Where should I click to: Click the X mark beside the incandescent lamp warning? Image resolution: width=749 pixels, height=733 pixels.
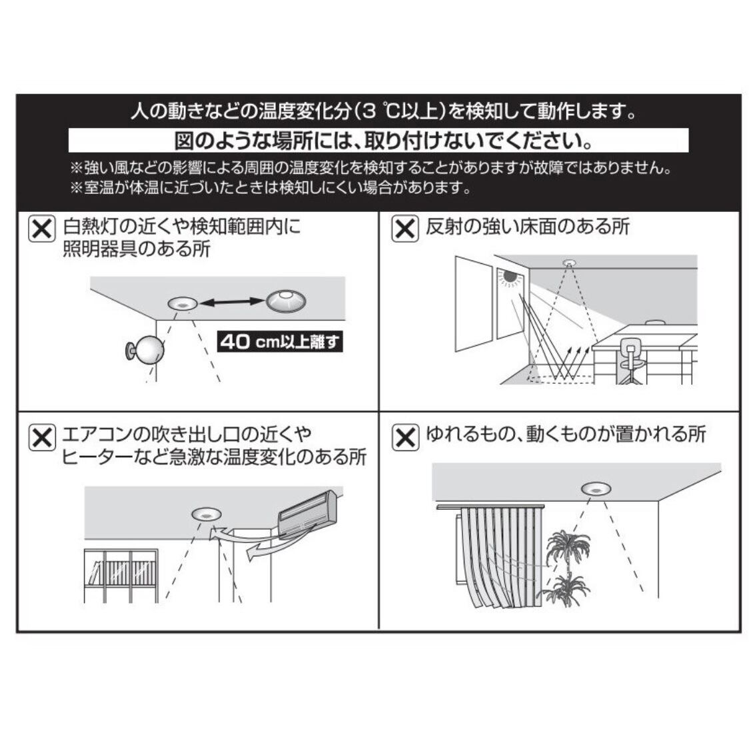(41, 229)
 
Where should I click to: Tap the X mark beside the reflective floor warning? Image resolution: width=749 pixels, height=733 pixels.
(404, 229)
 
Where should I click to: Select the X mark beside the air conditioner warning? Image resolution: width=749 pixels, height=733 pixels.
(41, 438)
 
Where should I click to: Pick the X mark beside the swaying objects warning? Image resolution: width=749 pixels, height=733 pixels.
(404, 438)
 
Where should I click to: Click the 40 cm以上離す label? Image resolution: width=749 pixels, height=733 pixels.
(280, 343)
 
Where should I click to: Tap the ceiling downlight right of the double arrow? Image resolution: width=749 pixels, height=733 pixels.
(288, 301)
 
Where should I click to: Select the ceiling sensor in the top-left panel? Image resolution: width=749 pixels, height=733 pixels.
(181, 304)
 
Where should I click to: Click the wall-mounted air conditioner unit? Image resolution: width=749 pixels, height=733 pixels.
(308, 512)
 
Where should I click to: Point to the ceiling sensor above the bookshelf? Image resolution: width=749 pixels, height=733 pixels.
(206, 514)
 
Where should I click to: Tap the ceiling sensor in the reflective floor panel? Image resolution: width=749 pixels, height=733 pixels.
(569, 261)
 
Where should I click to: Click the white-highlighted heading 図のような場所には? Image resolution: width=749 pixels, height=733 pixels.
(378, 141)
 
